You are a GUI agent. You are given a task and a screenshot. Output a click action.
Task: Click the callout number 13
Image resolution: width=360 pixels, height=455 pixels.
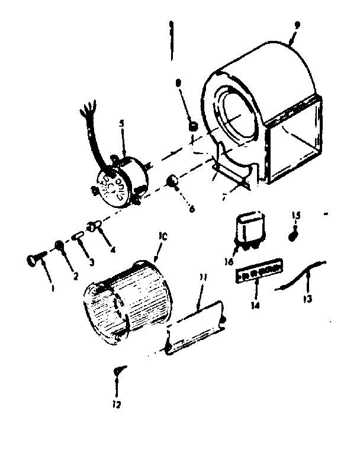[307, 300]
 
